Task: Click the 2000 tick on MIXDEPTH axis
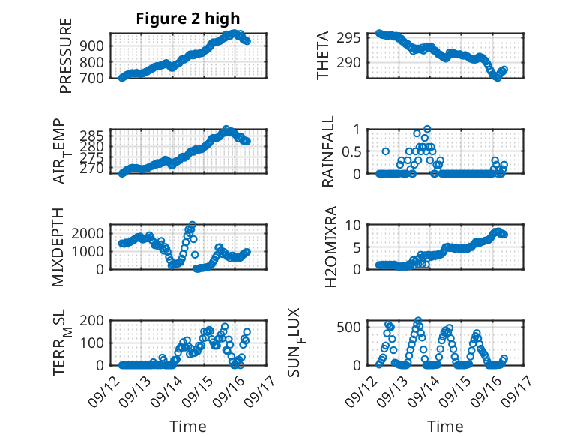tap(90, 233)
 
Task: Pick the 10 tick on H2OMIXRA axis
tap(354, 224)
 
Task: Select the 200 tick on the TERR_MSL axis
tap(94, 320)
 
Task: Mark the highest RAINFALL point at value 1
tap(427, 129)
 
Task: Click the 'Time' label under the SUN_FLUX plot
tap(445, 426)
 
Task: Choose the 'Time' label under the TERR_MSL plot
tap(189, 426)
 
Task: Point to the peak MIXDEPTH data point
tap(193, 224)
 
